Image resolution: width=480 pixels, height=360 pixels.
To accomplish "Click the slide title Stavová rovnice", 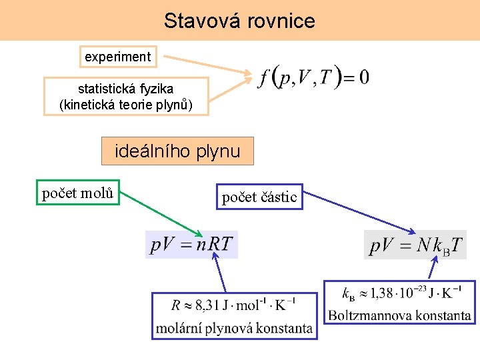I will (x=239, y=21).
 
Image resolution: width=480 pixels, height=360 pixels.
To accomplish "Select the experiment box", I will (x=118, y=57).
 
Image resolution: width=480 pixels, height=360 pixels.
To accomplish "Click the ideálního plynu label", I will (x=177, y=151).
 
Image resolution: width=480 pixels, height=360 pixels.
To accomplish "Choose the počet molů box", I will (x=78, y=194).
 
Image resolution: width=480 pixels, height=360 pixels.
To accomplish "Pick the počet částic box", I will (x=259, y=197).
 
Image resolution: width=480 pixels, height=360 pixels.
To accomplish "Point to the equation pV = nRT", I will (x=192, y=245).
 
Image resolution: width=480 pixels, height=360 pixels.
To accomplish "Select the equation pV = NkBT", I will (x=415, y=245).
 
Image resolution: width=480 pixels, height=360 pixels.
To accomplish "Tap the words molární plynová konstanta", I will (x=234, y=328).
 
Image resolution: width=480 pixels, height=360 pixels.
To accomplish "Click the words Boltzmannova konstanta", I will (x=399, y=315).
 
